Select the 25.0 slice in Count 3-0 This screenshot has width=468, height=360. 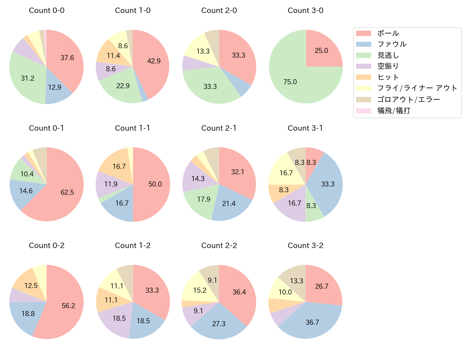(x=321, y=50)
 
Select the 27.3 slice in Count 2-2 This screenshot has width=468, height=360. (x=219, y=323)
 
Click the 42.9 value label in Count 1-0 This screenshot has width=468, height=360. (x=154, y=61)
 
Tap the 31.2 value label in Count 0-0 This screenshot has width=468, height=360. (x=28, y=78)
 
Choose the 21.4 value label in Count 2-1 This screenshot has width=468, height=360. (x=229, y=204)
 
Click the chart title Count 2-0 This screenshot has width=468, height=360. (x=219, y=10)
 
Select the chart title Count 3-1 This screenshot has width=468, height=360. (x=305, y=128)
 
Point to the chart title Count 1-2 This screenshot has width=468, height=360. (x=132, y=246)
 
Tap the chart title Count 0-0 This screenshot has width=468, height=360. (x=46, y=10)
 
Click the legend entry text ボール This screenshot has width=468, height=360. (x=388, y=33)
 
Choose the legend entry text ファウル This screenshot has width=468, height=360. (x=392, y=44)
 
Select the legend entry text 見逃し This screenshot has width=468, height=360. (x=388, y=55)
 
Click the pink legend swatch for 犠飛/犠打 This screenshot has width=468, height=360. (x=364, y=111)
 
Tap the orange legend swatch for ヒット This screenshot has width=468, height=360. (x=364, y=77)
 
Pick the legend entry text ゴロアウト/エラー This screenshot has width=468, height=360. (x=409, y=100)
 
